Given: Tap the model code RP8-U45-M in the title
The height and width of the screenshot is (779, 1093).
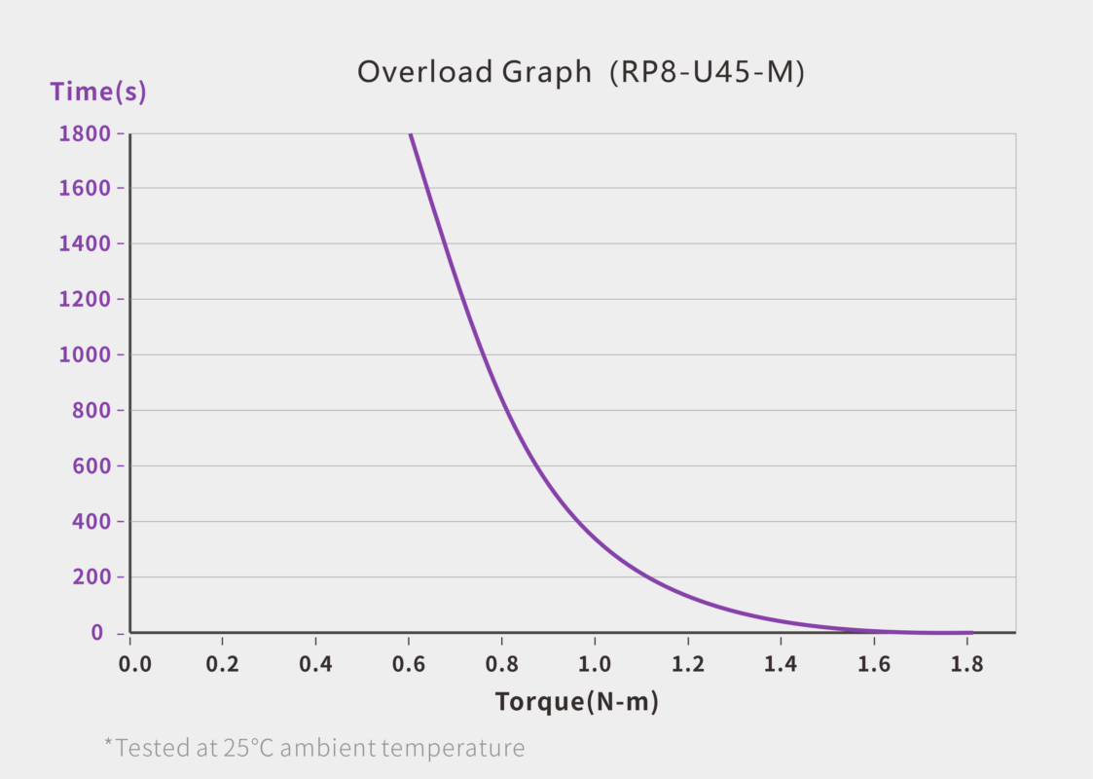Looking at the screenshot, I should (x=707, y=72).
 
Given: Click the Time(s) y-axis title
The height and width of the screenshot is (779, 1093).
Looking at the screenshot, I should (x=98, y=93).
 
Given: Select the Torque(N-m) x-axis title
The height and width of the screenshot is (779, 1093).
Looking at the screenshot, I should (x=577, y=701).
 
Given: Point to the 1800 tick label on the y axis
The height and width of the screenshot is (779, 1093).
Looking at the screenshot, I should (x=85, y=133).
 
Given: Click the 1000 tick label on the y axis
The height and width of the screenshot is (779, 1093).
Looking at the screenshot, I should (x=85, y=355).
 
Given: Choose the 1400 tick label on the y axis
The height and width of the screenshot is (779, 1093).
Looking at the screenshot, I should (x=85, y=244).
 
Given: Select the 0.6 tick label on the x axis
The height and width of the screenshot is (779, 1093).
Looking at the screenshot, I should (x=409, y=665).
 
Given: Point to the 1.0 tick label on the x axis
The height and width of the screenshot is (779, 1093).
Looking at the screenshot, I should (x=595, y=665).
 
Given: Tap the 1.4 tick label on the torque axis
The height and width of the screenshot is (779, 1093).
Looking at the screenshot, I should (x=781, y=665).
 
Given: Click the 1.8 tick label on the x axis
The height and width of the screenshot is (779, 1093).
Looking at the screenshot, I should (x=966, y=665).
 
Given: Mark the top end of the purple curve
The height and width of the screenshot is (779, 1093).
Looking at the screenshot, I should (x=410, y=134).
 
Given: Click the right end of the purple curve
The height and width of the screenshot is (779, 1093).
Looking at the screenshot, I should (x=970, y=632).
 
